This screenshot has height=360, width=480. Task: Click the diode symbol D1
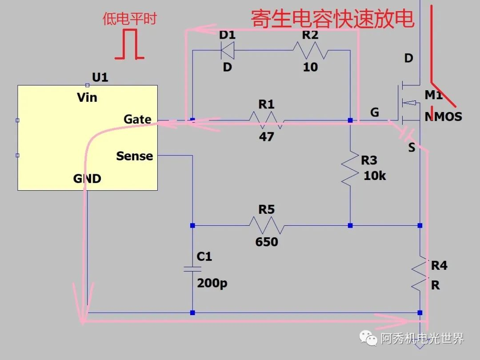(228, 50)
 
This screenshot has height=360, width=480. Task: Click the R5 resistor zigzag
(266, 225)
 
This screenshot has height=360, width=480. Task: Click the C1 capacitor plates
(192, 269)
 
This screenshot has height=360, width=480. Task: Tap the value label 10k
(375, 176)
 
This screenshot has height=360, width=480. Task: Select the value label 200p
(212, 283)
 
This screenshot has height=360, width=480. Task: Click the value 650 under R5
(266, 242)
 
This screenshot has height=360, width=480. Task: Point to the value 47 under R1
(266, 136)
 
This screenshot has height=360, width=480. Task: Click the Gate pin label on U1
(137, 119)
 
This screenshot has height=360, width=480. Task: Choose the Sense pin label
(134, 156)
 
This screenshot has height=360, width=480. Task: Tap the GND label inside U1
(87, 179)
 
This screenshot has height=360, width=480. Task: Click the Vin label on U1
(87, 97)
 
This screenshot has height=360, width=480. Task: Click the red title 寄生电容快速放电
(332, 19)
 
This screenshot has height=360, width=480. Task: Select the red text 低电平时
(129, 19)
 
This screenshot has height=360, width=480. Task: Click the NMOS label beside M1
(443, 116)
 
